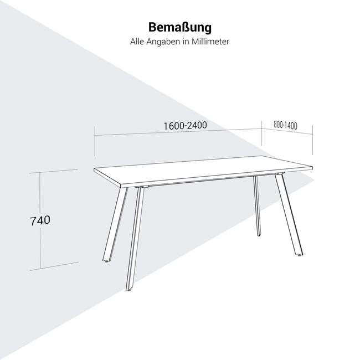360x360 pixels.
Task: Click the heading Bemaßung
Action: pos(180,28)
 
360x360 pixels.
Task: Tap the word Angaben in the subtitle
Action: pos(164,42)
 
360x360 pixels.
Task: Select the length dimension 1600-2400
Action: pos(185,125)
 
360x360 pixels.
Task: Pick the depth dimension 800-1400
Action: pos(285,125)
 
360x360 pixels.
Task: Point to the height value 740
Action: pos(40,220)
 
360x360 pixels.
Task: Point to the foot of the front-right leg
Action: pos(300,255)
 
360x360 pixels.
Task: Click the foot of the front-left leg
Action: pos(129,289)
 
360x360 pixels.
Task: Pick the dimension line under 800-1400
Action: pos(288,133)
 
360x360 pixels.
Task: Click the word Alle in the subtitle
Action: pos(137,42)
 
